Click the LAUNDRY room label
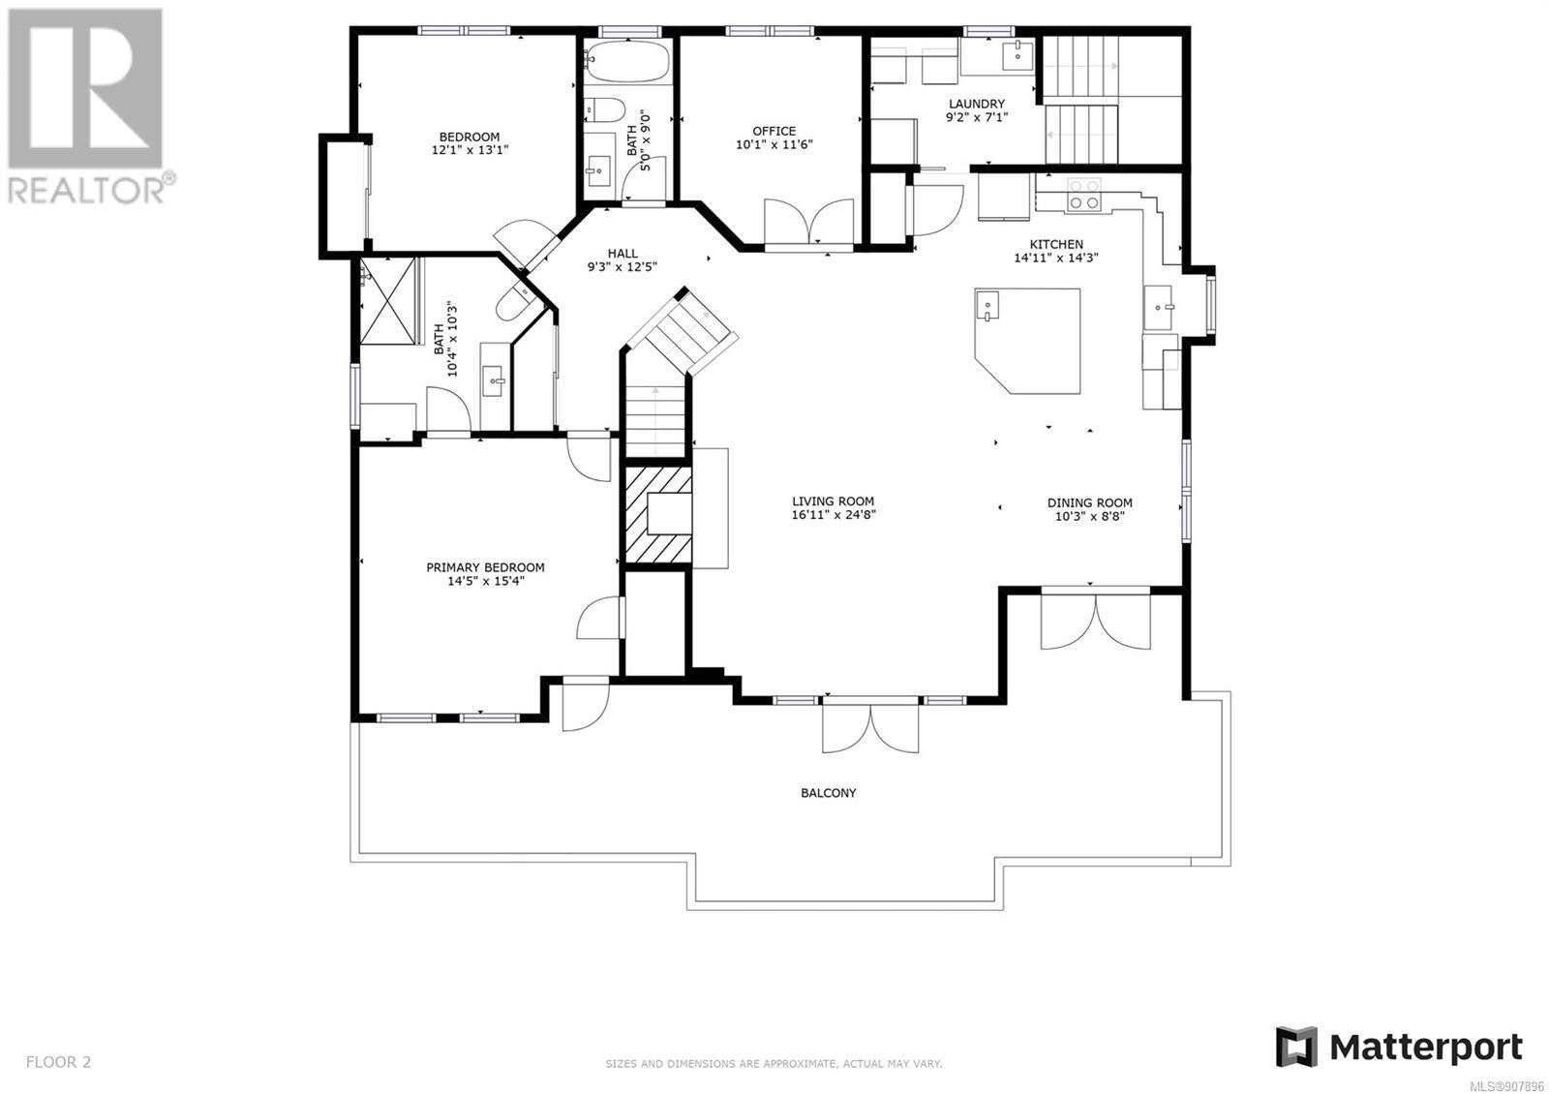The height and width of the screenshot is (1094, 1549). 977,104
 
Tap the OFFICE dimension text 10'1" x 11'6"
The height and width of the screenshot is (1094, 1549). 774,144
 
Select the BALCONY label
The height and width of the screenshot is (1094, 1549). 829,793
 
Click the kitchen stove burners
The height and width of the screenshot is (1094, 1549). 1083,195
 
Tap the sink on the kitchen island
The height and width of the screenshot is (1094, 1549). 987,305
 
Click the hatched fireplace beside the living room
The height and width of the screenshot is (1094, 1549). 657,514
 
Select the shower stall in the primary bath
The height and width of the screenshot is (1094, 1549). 388,300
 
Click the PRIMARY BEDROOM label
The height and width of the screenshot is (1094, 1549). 485,567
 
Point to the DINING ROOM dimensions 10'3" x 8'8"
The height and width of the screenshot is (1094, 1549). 1090,516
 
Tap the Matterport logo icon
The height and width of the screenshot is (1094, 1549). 1296,1047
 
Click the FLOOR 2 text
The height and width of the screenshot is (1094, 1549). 58,1061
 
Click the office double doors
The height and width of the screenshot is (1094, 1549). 808,223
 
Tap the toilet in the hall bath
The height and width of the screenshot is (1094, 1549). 604,110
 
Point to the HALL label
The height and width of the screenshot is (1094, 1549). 623,253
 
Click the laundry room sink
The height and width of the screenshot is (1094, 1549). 1017,54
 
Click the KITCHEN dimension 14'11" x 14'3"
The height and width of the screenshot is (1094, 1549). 1056,258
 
